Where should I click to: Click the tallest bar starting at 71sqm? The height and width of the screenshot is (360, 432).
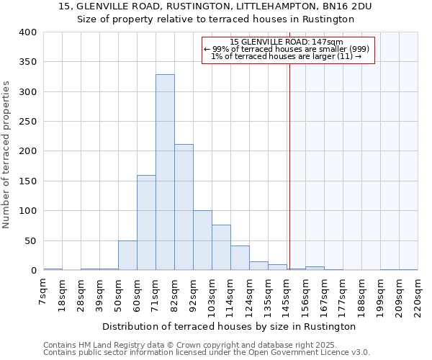[165, 173]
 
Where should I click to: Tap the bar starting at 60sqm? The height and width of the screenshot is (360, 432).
[146, 222]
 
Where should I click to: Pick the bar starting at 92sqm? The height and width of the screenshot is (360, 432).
[202, 240]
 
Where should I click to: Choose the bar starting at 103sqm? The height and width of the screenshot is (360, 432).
[221, 248]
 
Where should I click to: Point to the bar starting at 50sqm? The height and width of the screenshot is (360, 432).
[127, 256]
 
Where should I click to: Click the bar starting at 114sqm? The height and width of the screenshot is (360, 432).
[240, 258]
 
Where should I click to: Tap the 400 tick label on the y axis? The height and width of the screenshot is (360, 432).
[27, 32]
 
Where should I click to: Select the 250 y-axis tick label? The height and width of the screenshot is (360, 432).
[27, 122]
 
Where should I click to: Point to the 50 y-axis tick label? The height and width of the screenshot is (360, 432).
[30, 240]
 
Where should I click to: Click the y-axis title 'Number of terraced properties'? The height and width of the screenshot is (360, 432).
[7, 154]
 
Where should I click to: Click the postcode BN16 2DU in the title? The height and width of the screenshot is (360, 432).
[349, 6]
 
